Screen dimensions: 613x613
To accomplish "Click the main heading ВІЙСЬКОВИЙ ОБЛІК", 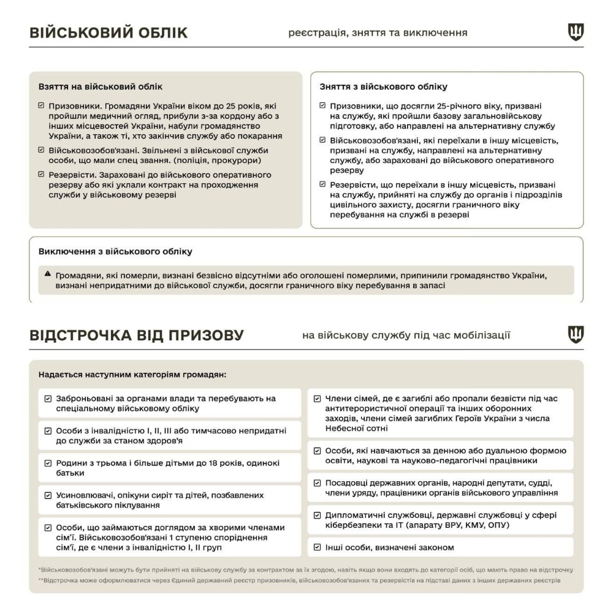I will coord(109,32).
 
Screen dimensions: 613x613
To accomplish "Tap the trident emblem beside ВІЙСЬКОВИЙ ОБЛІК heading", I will coord(576,32).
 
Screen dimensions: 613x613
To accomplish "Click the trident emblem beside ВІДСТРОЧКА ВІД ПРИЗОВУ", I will coord(576,334).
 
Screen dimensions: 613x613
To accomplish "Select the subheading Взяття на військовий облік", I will coord(100,87).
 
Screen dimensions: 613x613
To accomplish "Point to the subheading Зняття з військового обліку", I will coord(384,87).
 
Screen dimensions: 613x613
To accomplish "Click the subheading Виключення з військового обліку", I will coord(115,251).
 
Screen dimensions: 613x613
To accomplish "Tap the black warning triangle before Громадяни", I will coord(48,273).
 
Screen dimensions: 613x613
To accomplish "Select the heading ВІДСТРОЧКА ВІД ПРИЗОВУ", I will coord(137,335).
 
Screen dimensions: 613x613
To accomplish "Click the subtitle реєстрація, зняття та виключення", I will coord(378,32).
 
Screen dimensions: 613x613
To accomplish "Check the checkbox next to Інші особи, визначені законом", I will coord(318,547).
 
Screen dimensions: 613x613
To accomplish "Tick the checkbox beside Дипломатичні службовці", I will coord(318,516).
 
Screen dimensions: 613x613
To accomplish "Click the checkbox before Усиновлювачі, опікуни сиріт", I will coord(48,495).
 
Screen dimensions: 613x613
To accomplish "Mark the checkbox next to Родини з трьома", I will coord(48,463).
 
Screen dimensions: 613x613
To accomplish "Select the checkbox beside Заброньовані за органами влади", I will coord(48,398).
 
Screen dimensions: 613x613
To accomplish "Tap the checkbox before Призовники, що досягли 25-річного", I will coord(322,105).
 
